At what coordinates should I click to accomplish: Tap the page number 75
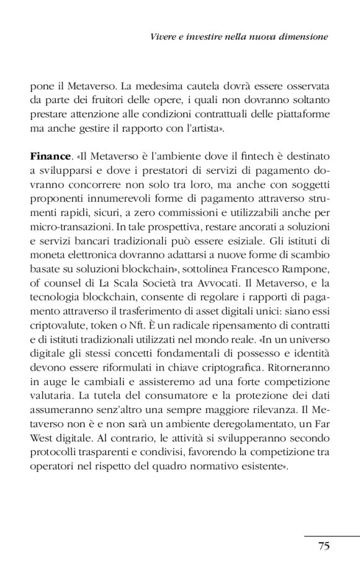[323, 546]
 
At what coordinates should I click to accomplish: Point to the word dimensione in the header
[304, 37]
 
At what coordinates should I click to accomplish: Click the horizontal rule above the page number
[332, 536]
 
